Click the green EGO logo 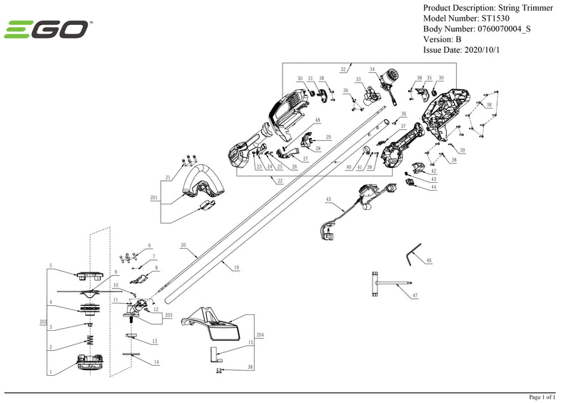click(46, 30)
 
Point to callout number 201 click(154, 198)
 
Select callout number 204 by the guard click(260, 334)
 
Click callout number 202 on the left click(43, 322)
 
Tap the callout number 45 click(328, 199)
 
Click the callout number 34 click(372, 69)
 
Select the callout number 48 click(318, 120)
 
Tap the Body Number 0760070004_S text click(477, 29)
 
